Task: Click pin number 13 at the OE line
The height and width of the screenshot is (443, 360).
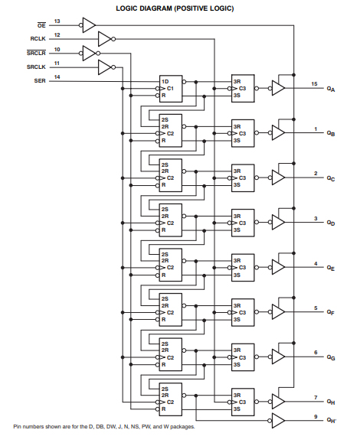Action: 57,21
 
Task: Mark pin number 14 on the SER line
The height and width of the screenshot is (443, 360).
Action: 57,76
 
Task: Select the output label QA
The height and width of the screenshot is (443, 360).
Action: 330,90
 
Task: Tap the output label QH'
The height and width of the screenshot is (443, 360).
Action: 331,421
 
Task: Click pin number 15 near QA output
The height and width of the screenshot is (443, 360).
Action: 314,83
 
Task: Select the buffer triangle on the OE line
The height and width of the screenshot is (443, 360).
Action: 89,24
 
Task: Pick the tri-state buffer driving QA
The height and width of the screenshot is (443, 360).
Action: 278,89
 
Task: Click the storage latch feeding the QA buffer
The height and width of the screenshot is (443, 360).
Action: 242,89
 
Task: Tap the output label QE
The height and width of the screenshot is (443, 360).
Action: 330,269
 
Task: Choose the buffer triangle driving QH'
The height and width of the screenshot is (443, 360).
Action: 278,419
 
